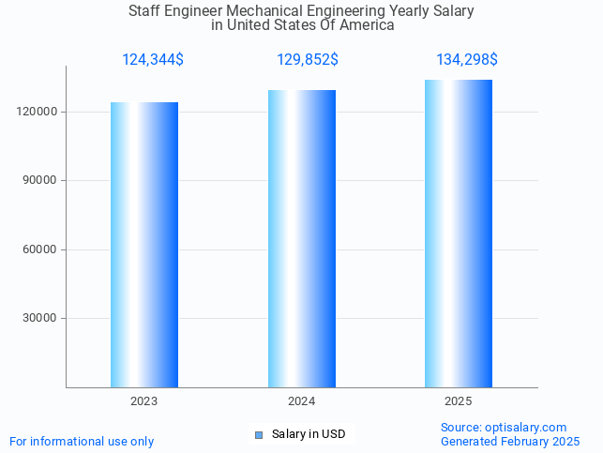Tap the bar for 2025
[459, 234]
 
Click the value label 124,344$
[153, 60]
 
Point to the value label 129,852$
[308, 60]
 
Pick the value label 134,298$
[467, 60]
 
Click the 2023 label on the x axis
[144, 401]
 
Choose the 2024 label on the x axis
[302, 401]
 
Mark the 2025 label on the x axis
[459, 401]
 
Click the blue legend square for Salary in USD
[260, 434]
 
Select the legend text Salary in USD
[309, 434]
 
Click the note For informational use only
[82, 442]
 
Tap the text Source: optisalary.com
[504, 428]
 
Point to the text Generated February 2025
[510, 442]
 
